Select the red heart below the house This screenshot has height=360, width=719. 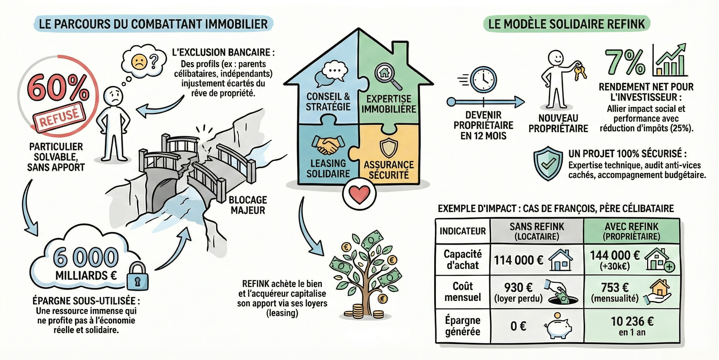[359, 194]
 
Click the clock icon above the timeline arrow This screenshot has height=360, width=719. [483, 79]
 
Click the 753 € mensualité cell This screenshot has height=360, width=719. [615, 292]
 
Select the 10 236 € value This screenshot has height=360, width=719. [632, 322]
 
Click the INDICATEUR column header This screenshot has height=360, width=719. [463, 231]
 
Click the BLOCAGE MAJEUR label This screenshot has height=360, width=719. [248, 205]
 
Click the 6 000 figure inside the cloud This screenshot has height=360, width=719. [86, 258]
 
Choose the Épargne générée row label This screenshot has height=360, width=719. [463, 326]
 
